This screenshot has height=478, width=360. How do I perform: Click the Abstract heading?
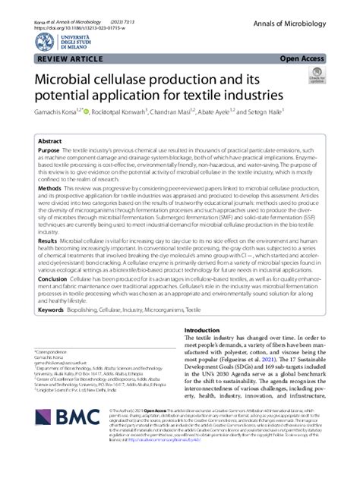[x=50, y=142]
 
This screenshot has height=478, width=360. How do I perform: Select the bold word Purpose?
[x=51, y=152]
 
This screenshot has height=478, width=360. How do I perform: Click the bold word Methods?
[x=50, y=187]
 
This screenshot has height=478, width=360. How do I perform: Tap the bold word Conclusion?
[x=54, y=279]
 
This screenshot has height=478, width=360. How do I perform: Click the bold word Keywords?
[x=52, y=310]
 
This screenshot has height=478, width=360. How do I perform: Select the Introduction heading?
[x=203, y=331]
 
